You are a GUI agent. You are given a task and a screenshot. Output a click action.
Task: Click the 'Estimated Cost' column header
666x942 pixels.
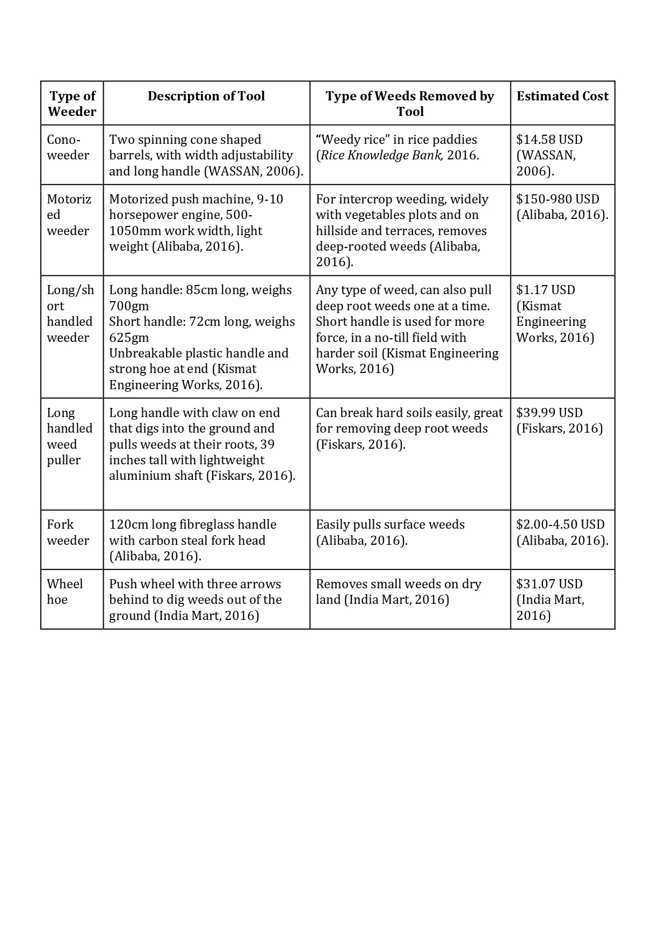pyautogui.click(x=562, y=96)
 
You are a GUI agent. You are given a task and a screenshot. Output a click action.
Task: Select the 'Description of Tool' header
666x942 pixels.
pyautogui.click(x=206, y=96)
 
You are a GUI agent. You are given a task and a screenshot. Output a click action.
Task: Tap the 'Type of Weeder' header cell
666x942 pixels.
pyautogui.click(x=72, y=104)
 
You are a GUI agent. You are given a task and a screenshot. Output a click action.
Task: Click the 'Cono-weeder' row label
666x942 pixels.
pyautogui.click(x=68, y=147)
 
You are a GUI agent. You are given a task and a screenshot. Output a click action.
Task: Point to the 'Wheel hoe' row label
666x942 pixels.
pyautogui.click(x=64, y=592)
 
